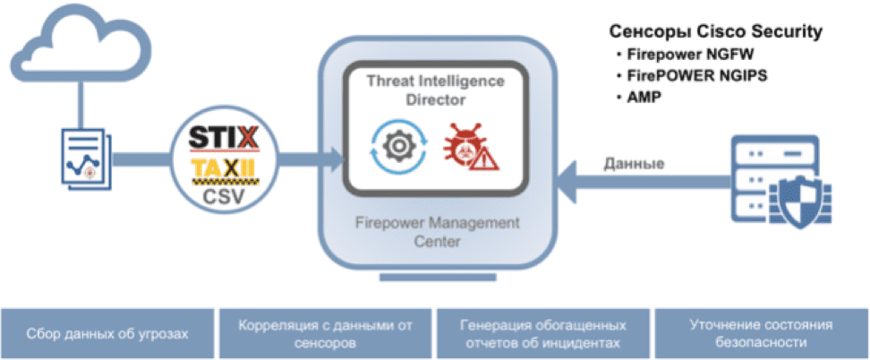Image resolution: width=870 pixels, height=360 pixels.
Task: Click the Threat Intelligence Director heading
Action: pos(435,90)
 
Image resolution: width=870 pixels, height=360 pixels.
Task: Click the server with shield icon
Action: pos(776,179)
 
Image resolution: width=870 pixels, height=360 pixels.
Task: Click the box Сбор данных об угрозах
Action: pos(107,333)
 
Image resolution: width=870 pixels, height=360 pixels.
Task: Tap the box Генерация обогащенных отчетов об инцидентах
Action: pos(542,333)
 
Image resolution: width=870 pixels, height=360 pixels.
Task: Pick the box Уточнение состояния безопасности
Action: pos(761,333)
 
